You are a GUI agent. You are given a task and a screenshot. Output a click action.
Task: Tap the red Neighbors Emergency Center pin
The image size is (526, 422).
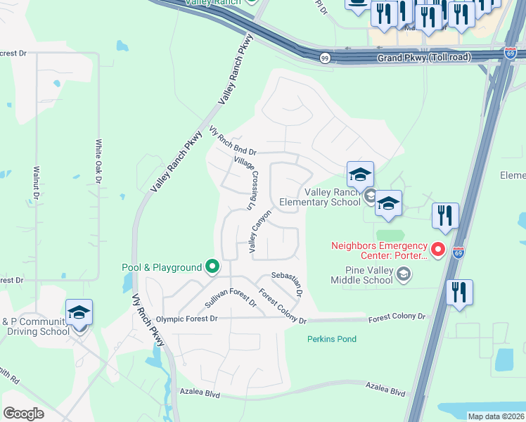pos(438,250)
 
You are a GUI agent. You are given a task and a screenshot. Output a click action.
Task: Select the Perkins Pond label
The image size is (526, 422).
pos(331,339)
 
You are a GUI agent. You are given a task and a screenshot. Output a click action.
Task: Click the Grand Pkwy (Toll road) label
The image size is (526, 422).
pos(423,59)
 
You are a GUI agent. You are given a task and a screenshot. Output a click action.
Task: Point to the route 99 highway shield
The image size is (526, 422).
pos(324,58)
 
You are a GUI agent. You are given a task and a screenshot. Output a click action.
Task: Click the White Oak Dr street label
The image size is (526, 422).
pos(98,161)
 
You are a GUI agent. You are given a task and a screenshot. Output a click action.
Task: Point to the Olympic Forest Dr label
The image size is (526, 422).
pos(187,319)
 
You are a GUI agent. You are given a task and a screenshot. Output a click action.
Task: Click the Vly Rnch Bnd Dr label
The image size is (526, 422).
pos(233,141)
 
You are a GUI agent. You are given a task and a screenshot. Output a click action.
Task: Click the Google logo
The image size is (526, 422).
pos(23,413)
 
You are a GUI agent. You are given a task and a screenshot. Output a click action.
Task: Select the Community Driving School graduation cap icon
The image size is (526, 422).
pos(79,312)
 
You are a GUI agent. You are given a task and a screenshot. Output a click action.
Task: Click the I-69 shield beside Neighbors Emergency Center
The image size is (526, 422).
pos(458,252)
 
